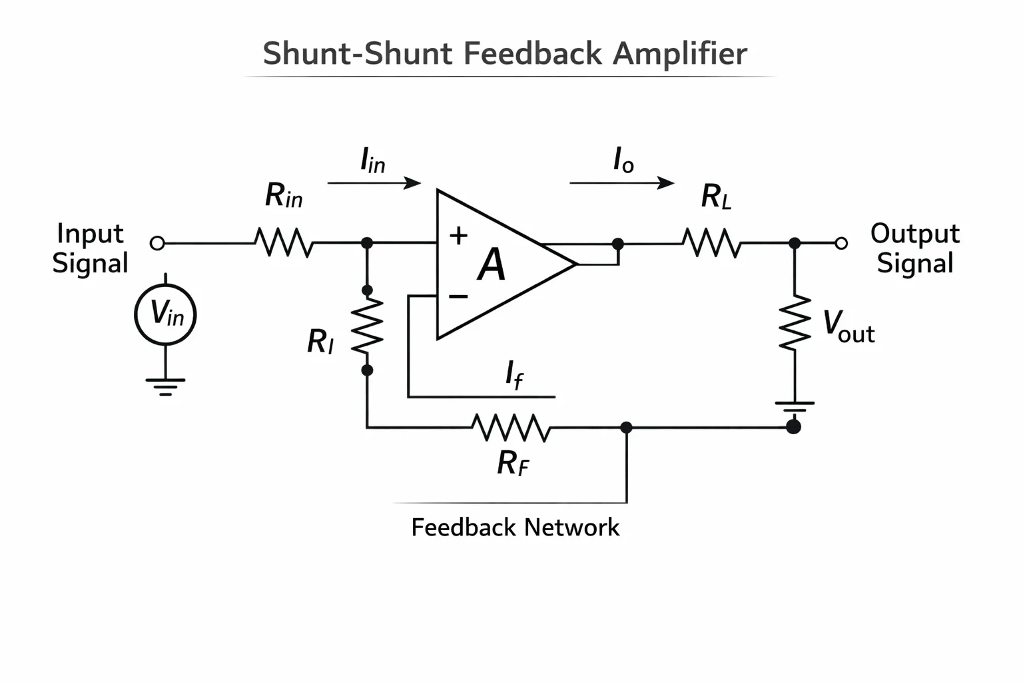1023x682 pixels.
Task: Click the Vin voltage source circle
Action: pyautogui.click(x=135, y=315)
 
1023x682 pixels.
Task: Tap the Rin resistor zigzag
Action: pyautogui.click(x=284, y=242)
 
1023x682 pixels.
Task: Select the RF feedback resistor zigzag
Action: pyautogui.click(x=511, y=428)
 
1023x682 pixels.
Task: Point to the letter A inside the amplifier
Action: pyautogui.click(x=492, y=264)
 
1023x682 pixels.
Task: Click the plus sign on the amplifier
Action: pyautogui.click(x=458, y=236)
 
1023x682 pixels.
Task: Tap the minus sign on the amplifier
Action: pyautogui.click(x=458, y=297)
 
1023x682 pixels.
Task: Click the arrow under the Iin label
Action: pyautogui.click(x=374, y=183)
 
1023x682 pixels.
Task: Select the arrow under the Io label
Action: pyautogui.click(x=621, y=183)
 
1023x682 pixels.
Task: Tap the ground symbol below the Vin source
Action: pyautogui.click(x=165, y=386)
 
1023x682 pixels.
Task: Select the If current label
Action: pyautogui.click(x=514, y=374)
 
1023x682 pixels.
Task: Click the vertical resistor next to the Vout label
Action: pyautogui.click(x=795, y=323)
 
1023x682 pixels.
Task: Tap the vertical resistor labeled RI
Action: pyautogui.click(x=367, y=325)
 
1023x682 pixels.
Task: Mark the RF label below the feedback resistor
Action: pyautogui.click(x=513, y=463)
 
